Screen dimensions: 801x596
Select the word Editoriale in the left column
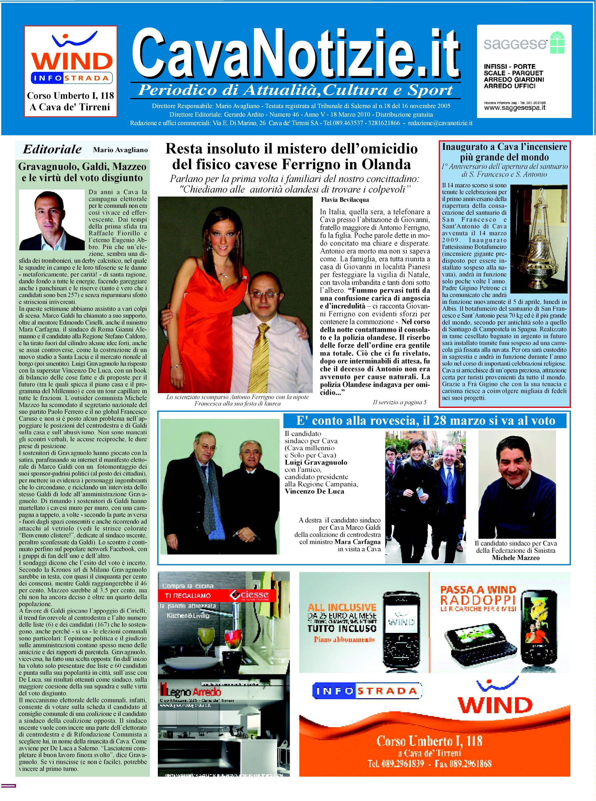coord(52,149)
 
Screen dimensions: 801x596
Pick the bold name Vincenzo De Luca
coord(314,491)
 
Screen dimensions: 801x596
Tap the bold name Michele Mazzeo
coord(516,558)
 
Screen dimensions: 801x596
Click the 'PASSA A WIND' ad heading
coord(478,590)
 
